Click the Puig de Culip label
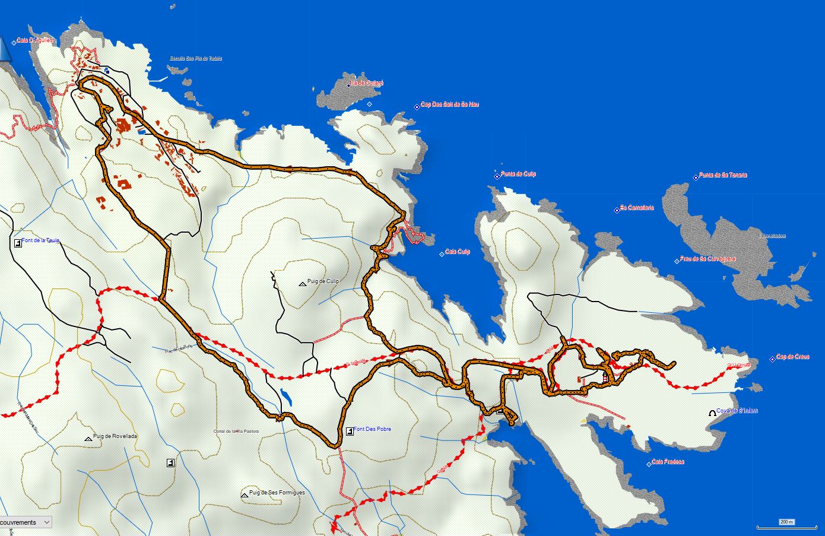coord(323,281)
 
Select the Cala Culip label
coord(457,252)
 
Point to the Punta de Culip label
coord(518,174)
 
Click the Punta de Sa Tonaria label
coord(722,175)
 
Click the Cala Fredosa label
coord(668,462)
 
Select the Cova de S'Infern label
coord(737,411)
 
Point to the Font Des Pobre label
coord(372,429)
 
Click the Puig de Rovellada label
coord(115,436)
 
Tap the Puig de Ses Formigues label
coord(277,493)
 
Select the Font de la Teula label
coord(40,241)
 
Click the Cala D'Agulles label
coord(35,40)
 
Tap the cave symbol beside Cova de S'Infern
coord(712,413)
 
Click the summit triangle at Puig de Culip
coord(302,284)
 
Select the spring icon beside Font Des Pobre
coord(350,430)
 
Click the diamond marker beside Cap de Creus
coord(772,359)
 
